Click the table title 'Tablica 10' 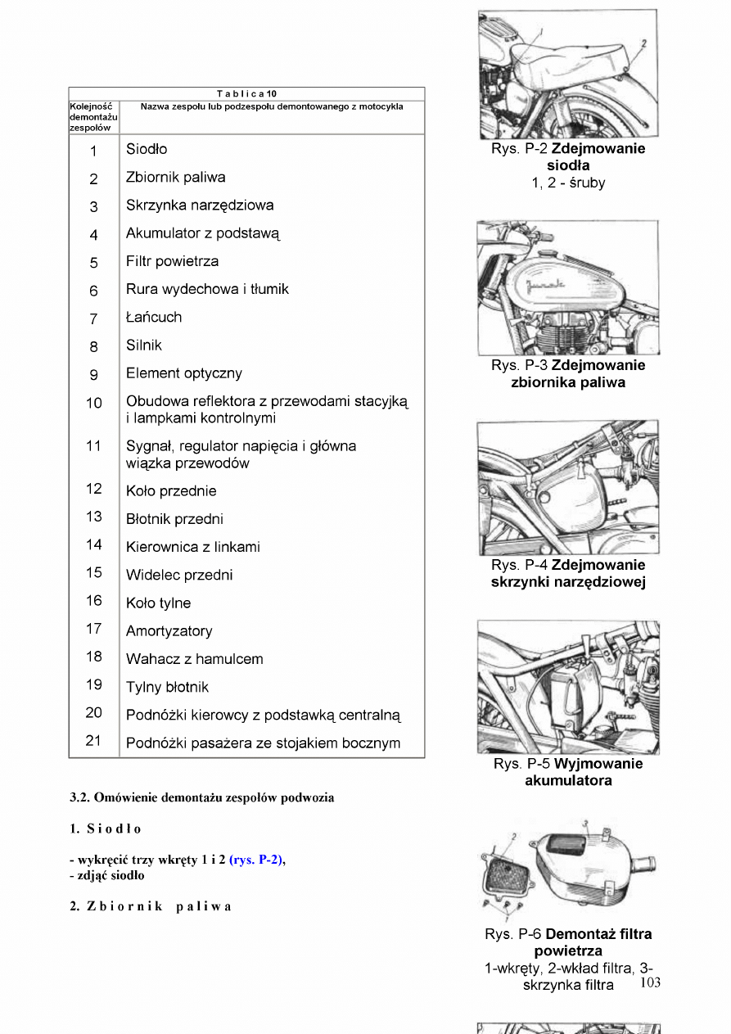tap(246, 93)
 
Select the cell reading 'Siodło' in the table tap(147, 149)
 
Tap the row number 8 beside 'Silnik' tap(93, 346)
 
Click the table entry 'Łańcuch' tap(154, 317)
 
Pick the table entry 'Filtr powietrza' tap(172, 261)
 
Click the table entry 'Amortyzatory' tap(169, 631)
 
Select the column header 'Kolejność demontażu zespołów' tap(93, 117)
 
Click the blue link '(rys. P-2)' tap(256, 859)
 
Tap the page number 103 tap(650, 982)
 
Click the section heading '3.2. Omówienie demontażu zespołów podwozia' tap(202, 797)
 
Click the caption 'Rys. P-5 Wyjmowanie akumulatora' tap(568, 772)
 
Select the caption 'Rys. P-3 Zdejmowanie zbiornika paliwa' tap(568, 373)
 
